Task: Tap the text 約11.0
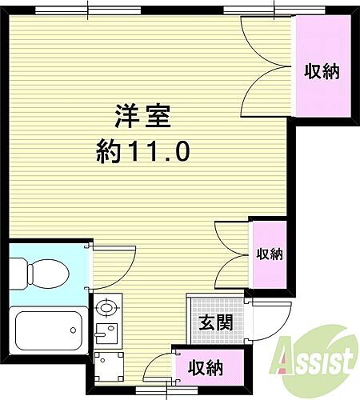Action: tap(143, 151)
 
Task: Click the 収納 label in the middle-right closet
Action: tap(269, 254)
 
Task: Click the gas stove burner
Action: tap(105, 306)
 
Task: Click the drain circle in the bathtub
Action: tap(74, 327)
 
